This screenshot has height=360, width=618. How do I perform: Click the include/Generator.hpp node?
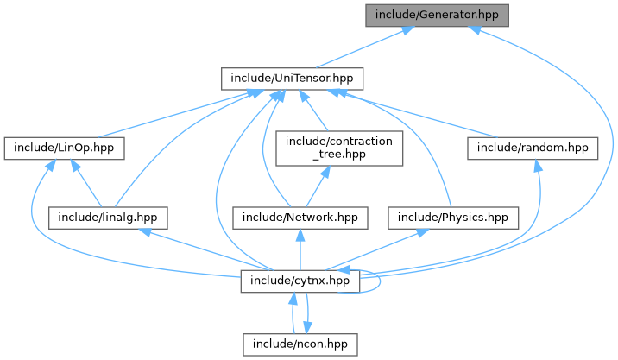pyautogui.click(x=437, y=15)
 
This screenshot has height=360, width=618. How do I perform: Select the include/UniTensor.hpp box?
pyautogui.click(x=292, y=79)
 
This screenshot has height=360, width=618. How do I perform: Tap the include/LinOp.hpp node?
pyautogui.click(x=63, y=148)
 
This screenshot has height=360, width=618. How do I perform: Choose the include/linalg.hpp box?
pyautogui.click(x=108, y=216)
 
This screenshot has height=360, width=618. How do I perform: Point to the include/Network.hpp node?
pyautogui.click(x=299, y=216)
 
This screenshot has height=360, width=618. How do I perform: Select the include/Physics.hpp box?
pyautogui.click(x=451, y=216)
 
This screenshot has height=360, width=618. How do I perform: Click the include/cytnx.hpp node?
pyautogui.click(x=299, y=281)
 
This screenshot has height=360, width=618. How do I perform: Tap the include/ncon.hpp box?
pyautogui.click(x=299, y=344)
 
